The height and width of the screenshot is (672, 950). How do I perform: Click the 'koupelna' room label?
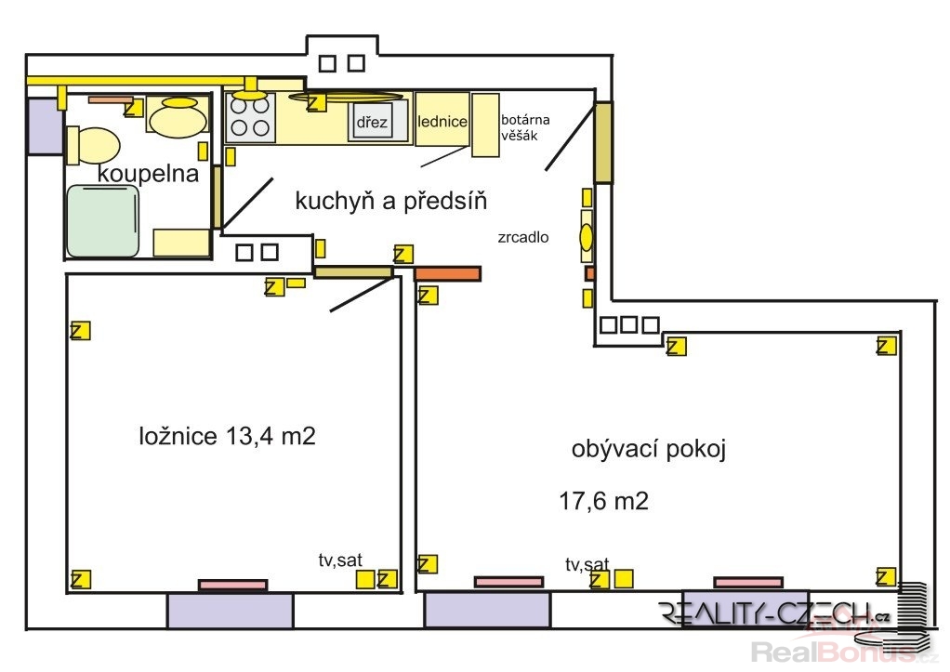coord(148,174)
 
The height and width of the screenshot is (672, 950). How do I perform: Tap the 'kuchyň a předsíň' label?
coord(390,201)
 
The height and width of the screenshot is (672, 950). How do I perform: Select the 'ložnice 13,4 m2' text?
coord(227,436)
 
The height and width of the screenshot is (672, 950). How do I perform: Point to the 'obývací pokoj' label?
coord(648,450)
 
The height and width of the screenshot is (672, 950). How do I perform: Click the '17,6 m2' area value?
coord(603,501)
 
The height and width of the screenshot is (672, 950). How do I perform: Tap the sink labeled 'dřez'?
coord(372,122)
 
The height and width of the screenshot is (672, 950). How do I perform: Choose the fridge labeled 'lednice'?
coord(442,119)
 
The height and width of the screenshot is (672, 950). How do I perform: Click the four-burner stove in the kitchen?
coord(250,117)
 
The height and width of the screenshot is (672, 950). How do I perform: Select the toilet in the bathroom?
coord(93,145)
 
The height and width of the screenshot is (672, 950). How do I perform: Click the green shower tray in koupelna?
coord(103,220)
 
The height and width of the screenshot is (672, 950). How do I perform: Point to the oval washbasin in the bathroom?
coord(178,117)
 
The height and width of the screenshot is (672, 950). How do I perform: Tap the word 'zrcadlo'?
coord(522,237)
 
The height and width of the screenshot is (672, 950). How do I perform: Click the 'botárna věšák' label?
coord(524,127)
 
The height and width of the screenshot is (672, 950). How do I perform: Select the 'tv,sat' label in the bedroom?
coord(340,560)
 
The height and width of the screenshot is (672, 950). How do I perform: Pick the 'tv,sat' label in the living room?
coord(587,564)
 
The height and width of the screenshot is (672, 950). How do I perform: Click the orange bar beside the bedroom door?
coord(448,273)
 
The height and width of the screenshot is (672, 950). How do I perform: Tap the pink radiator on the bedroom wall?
coord(232,585)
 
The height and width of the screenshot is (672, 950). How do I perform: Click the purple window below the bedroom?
coord(231,611)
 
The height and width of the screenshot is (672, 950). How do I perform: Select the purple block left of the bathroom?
coord(46,125)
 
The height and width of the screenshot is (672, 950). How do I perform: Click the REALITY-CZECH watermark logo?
coord(774,613)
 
